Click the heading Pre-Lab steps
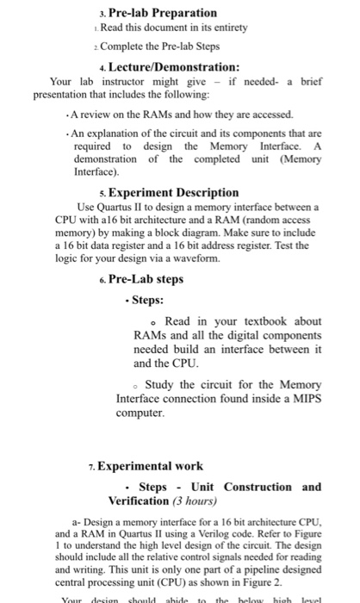coord(145,279)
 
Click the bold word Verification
coord(139,500)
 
